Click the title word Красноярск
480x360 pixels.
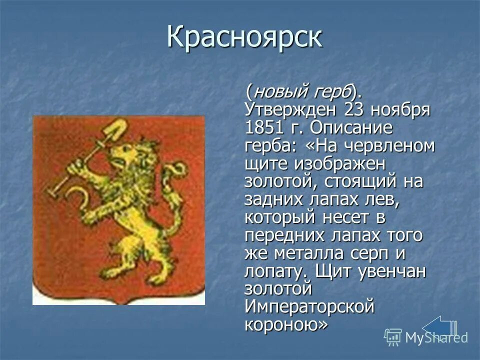pos(244,38)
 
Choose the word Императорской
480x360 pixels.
pos(309,306)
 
